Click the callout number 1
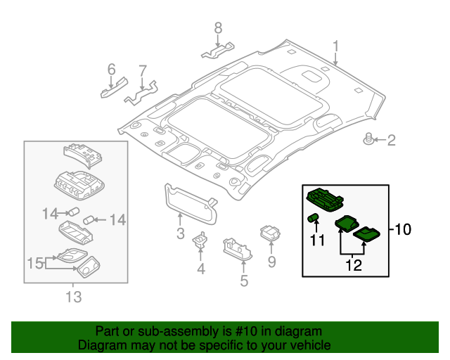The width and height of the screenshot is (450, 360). click(335, 47)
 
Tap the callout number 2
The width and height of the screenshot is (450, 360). click(392, 141)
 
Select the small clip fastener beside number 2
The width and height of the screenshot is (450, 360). click(368, 139)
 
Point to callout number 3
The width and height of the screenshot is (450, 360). click(180, 233)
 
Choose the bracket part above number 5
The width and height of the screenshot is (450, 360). click(238, 248)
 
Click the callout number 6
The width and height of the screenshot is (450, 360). click(111, 69)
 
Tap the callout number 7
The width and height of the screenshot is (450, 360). click(143, 70)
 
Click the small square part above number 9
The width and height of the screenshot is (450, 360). click(271, 233)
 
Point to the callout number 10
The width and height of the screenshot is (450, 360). click(402, 229)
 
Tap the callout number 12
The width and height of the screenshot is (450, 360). click(353, 265)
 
